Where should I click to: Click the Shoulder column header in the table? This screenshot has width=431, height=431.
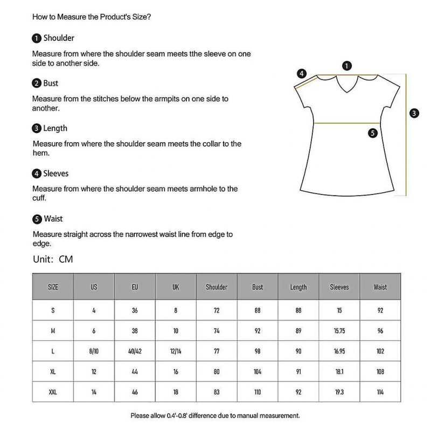(217, 287)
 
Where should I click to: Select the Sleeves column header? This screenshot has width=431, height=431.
(339, 287)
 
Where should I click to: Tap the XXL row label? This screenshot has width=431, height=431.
(53, 392)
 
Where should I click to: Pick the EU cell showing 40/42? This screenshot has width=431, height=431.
(135, 351)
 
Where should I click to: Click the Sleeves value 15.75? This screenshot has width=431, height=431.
(339, 331)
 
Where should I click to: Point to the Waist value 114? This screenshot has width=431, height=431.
(380, 392)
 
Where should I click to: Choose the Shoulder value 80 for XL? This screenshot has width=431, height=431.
(217, 372)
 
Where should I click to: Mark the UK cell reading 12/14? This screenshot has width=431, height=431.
(176, 351)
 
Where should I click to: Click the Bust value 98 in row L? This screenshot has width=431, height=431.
(258, 351)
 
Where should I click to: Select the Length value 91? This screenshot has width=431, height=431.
(298, 372)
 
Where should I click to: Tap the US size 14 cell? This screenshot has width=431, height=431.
(94, 392)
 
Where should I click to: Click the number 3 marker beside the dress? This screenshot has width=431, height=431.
(414, 113)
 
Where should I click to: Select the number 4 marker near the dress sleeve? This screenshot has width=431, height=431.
(302, 73)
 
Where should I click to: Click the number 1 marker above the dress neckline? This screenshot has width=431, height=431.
(347, 66)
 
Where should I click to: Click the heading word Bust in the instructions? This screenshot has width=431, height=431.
(51, 84)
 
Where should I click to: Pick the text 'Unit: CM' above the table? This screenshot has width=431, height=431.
(53, 259)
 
